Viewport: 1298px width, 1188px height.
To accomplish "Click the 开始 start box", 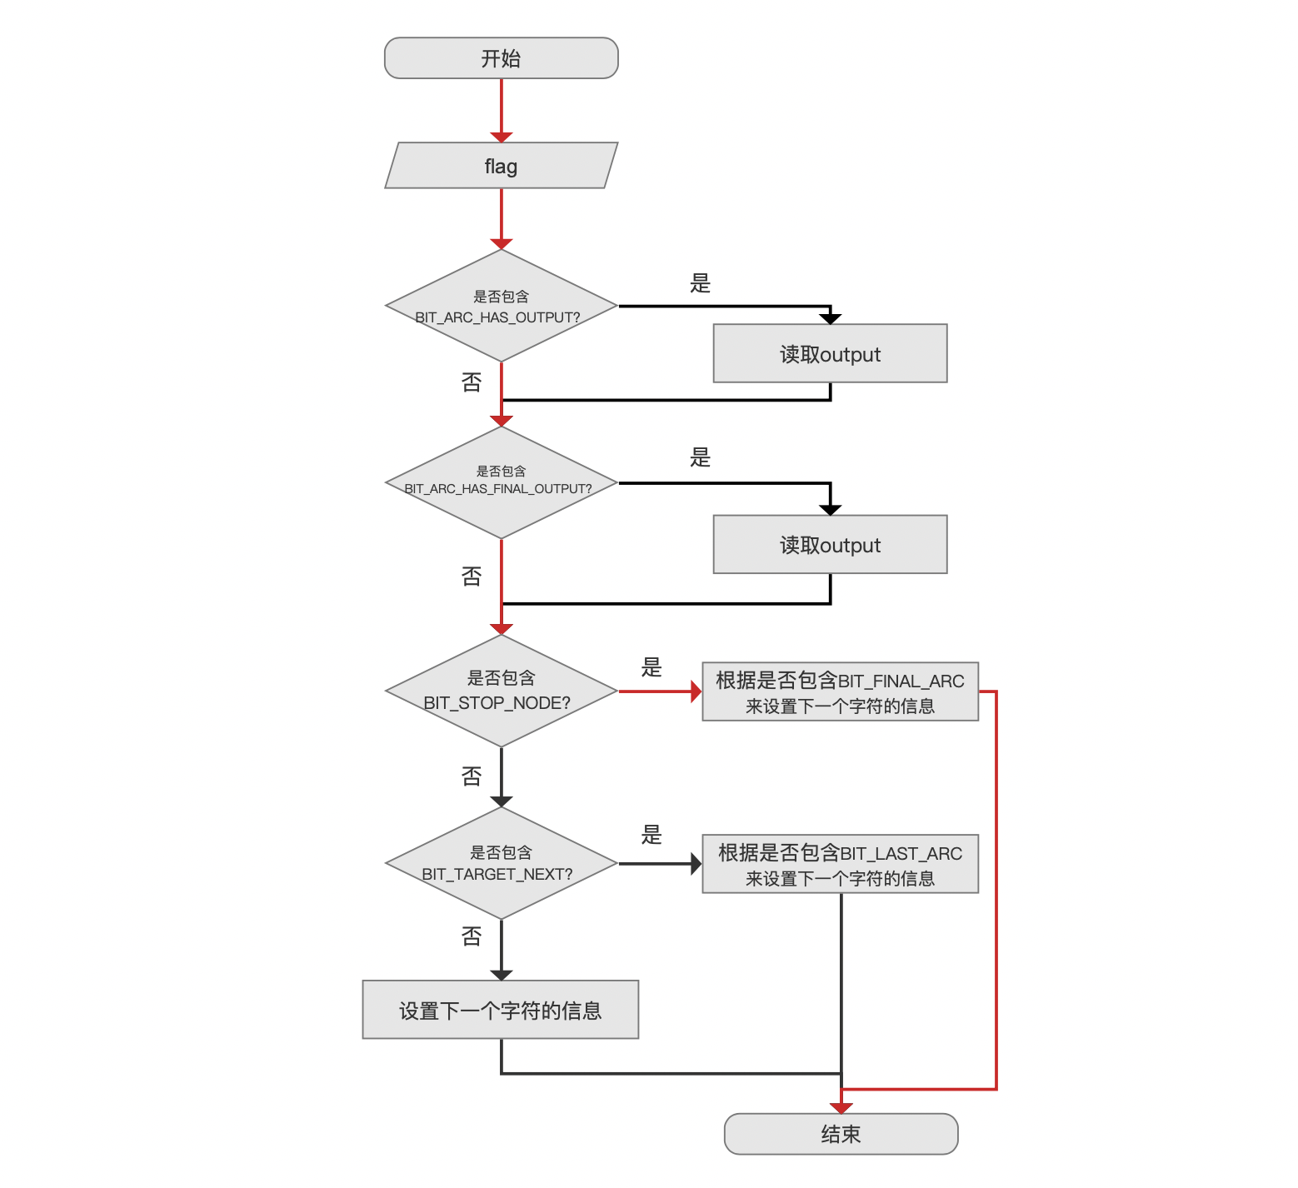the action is [x=501, y=58].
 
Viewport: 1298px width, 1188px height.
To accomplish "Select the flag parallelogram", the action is [x=501, y=166].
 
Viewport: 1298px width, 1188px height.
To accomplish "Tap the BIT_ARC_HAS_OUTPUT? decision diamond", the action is [x=501, y=306].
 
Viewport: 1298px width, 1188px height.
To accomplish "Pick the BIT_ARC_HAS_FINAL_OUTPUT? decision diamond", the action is [x=501, y=482].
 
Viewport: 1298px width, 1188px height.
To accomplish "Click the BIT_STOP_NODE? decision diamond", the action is [x=501, y=691].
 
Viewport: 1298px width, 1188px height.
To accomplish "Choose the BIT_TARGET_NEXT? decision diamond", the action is [x=501, y=863].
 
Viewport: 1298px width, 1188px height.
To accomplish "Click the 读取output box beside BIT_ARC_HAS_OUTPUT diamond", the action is [x=830, y=353].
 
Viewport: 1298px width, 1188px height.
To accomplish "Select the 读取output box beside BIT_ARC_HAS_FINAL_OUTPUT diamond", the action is [x=830, y=544].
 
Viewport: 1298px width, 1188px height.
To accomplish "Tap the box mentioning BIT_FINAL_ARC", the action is [x=840, y=691].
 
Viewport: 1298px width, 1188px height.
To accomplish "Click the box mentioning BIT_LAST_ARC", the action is [x=840, y=864].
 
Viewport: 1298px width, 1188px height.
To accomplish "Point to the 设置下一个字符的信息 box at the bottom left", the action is [x=501, y=1010].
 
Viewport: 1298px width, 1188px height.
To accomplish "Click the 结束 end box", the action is [x=841, y=1134].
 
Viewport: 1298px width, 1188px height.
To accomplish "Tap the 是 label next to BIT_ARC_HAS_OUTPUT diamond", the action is [x=700, y=283].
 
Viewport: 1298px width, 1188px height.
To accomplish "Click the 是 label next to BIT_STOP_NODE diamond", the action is [x=651, y=667].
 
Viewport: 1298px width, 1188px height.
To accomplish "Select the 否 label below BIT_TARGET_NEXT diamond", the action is [x=472, y=937].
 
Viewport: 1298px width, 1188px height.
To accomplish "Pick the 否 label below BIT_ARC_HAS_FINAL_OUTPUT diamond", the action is [x=472, y=577].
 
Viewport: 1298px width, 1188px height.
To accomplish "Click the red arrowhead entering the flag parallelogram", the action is [x=502, y=137].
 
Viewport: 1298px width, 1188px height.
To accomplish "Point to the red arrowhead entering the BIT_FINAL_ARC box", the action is [x=696, y=691].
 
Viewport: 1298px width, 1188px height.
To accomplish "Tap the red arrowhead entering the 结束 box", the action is [x=841, y=1108].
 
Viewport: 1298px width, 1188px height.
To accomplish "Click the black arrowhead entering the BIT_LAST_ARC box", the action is [x=696, y=864].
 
